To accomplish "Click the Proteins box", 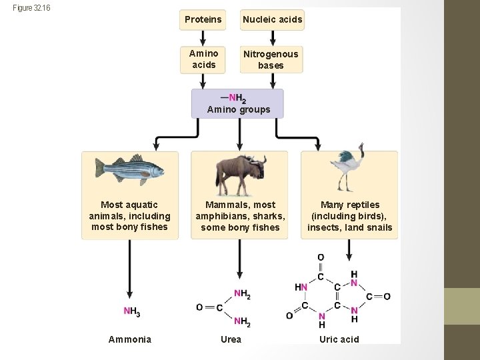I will pyautogui.click(x=203, y=19).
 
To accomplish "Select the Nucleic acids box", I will pyautogui.click(x=272, y=19).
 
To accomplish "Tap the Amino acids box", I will pyautogui.click(x=203, y=59).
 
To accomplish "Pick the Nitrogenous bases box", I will pyautogui.click(x=271, y=59).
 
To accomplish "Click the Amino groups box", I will pyautogui.click(x=237, y=103).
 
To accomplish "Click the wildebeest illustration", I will pyautogui.click(x=240, y=173).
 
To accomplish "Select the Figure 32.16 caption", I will pyautogui.click(x=31, y=8).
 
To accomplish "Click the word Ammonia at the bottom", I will pyautogui.click(x=130, y=339).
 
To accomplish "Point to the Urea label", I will pyautogui.click(x=231, y=339).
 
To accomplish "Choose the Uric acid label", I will pyautogui.click(x=339, y=339).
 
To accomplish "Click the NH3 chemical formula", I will pyautogui.click(x=131, y=311).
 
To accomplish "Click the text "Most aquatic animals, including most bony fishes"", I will pyautogui.click(x=129, y=216).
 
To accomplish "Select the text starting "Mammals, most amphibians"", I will pyautogui.click(x=240, y=216).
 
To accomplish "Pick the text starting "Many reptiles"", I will pyautogui.click(x=349, y=216).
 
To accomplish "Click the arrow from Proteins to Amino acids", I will pyautogui.click(x=203, y=37).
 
